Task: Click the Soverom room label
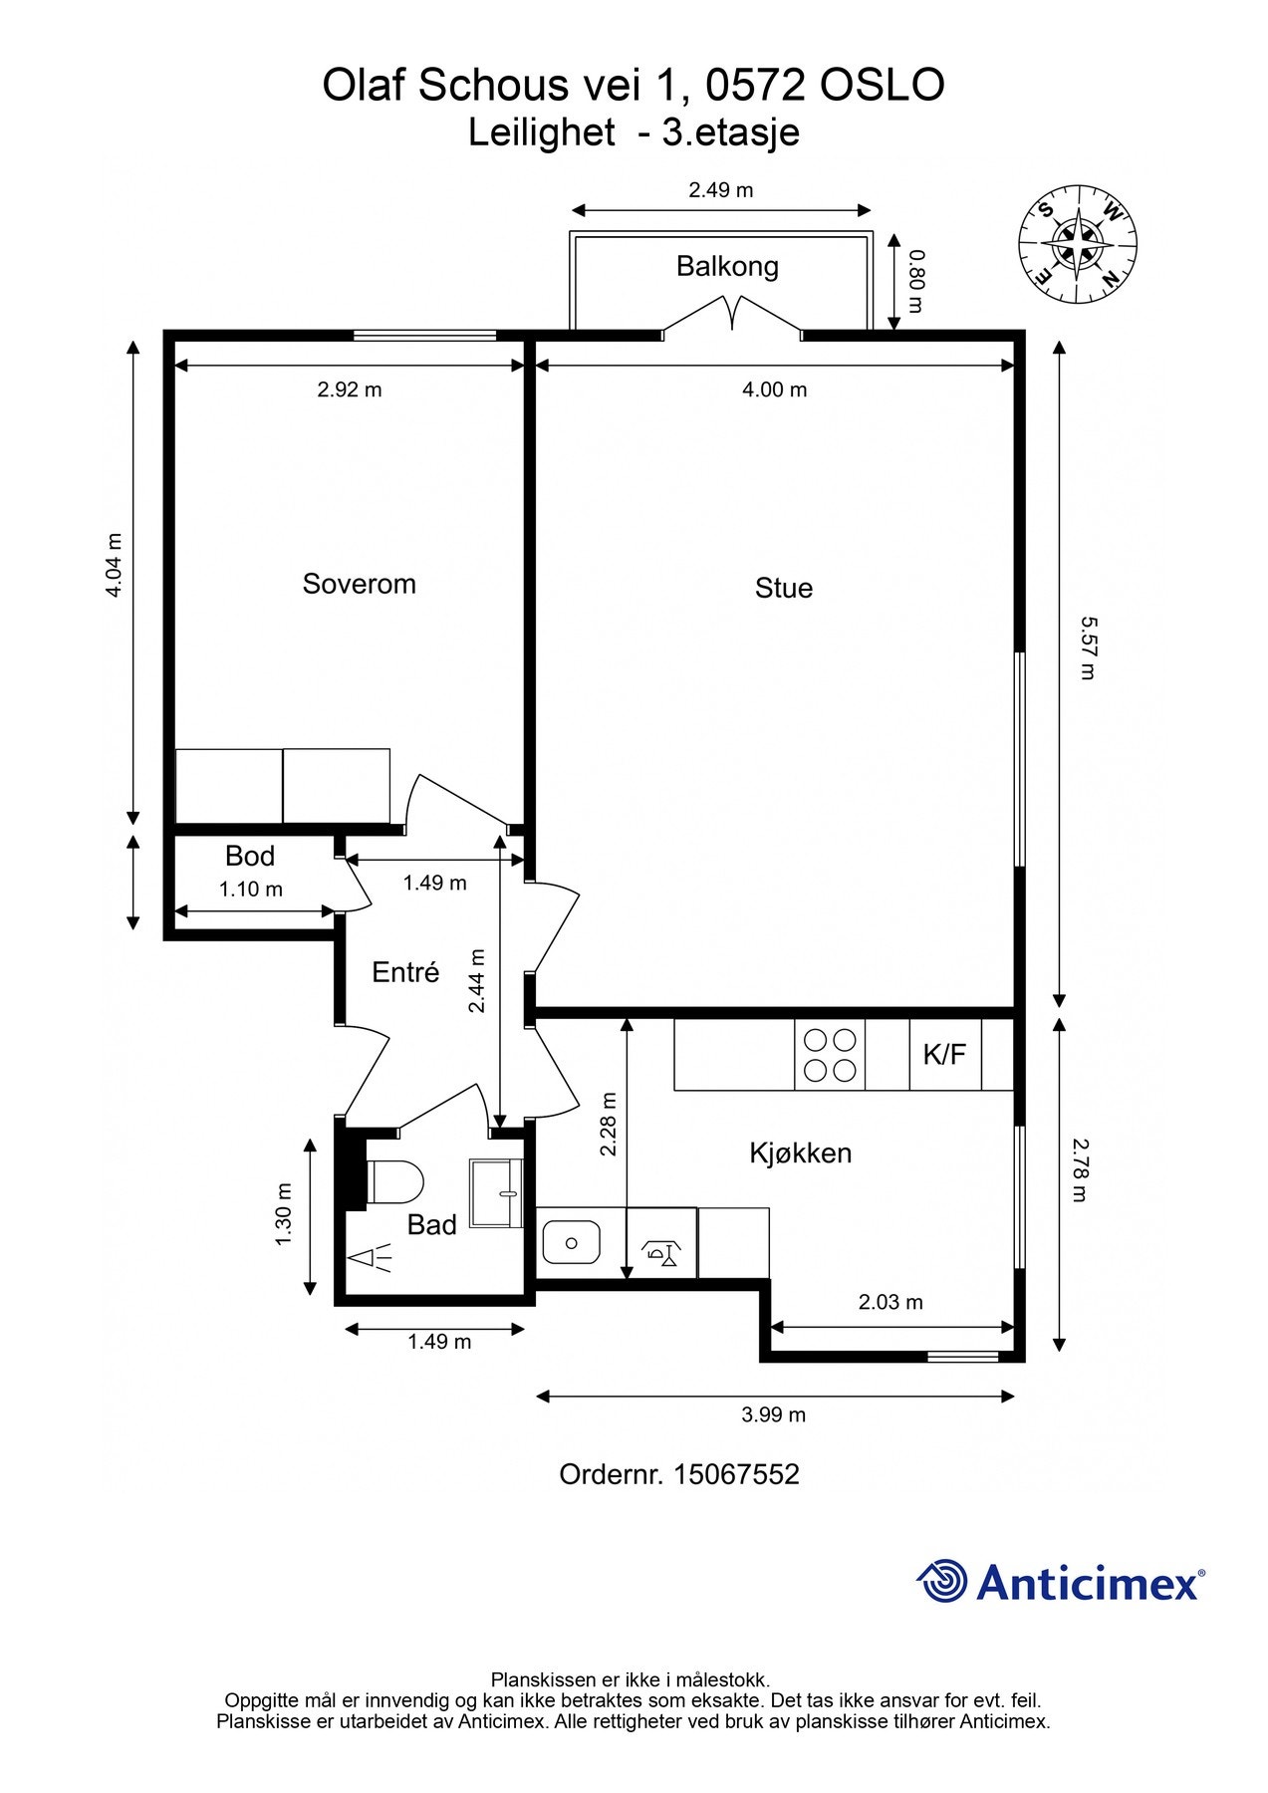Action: tap(359, 584)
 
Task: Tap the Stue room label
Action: tap(784, 588)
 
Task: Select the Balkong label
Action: tap(727, 267)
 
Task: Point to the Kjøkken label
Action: tap(801, 1153)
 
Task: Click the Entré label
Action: tap(405, 972)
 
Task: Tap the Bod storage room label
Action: tap(250, 856)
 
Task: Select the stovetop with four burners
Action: tap(830, 1054)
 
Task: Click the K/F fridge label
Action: tap(944, 1054)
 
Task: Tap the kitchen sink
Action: tap(571, 1242)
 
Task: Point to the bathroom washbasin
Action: tap(496, 1193)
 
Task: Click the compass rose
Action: tap(1078, 244)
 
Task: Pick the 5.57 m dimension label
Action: tap(1088, 647)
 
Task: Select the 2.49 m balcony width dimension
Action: tap(721, 189)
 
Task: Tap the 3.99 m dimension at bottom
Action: tap(774, 1414)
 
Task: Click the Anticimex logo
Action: tap(1061, 1582)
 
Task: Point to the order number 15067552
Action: tap(737, 1474)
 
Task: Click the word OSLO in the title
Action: tap(882, 86)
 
